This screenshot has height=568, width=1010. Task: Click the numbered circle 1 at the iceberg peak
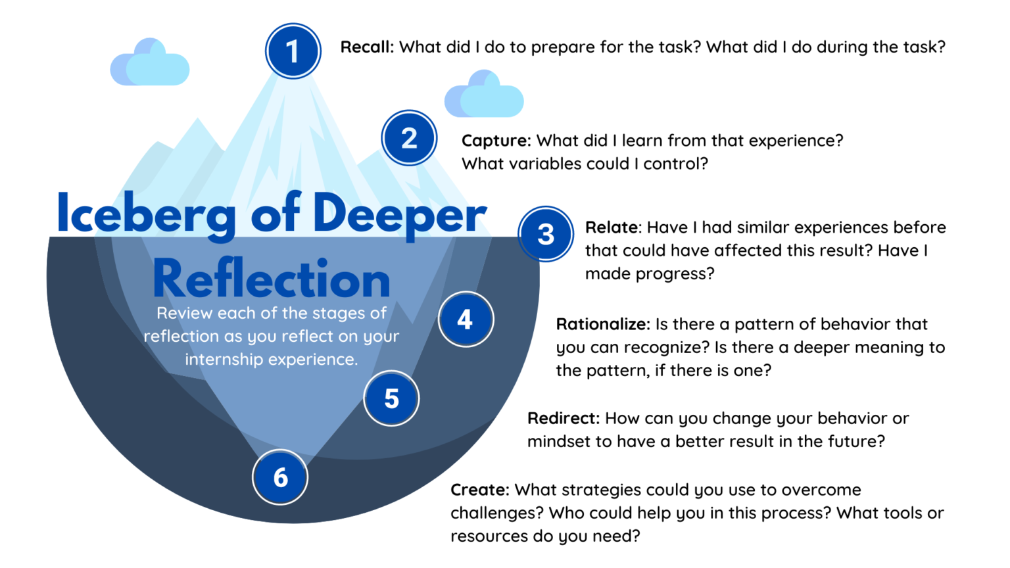[293, 51]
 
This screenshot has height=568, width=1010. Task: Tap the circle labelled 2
[409, 138]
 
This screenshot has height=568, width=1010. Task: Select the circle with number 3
[546, 234]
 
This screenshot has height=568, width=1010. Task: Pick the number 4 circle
[466, 319]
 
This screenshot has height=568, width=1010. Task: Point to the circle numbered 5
[391, 398]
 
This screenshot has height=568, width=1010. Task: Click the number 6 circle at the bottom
[280, 477]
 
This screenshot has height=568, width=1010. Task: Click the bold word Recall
[366, 47]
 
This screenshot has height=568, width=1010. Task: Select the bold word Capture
[495, 141]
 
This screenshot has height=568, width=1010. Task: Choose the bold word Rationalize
[602, 324]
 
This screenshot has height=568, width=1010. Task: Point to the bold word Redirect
[563, 419]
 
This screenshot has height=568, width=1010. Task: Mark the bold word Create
[479, 490]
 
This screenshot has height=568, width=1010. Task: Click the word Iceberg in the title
[146, 214]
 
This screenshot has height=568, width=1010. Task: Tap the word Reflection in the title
[272, 279]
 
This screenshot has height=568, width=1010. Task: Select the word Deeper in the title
[399, 214]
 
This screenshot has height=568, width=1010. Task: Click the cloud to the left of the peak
[150, 63]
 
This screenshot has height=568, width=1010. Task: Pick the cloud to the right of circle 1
[484, 95]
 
